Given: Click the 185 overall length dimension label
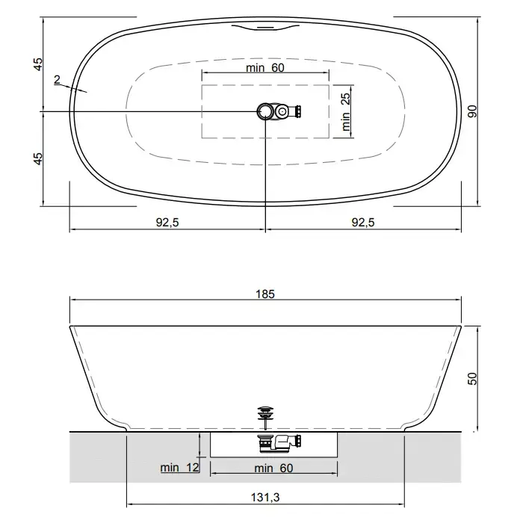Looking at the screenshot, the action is tap(265, 294).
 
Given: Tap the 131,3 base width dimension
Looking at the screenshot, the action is tap(265, 498).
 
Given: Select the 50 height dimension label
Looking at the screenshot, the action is tap(472, 379).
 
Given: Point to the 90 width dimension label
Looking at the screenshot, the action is tap(472, 111).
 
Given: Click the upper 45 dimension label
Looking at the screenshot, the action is tap(38, 64).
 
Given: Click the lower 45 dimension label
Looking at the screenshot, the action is tap(38, 158).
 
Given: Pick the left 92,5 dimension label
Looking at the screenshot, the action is tap(167, 222).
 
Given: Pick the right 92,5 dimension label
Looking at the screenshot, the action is tap(363, 222).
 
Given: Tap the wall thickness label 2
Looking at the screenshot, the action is tap(57, 79).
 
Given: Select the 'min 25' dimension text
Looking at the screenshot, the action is tap(346, 112).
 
